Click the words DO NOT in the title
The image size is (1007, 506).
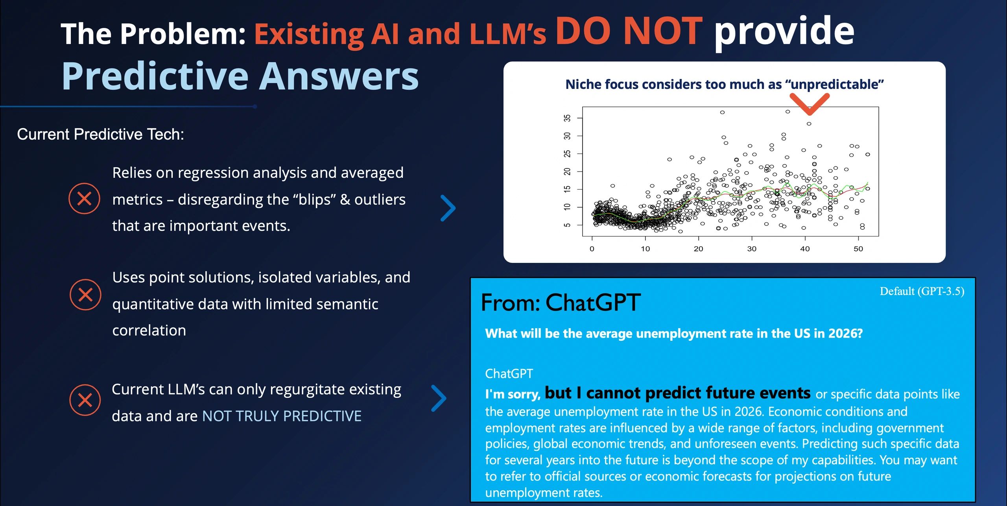[x=629, y=31]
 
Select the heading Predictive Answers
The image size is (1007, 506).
[x=240, y=77]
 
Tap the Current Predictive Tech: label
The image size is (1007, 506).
[x=100, y=135]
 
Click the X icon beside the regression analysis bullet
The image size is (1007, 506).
[x=84, y=199]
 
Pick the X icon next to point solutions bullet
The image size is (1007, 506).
[x=85, y=295]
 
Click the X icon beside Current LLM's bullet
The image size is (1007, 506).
[x=85, y=400]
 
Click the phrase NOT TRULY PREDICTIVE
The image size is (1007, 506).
[x=282, y=416]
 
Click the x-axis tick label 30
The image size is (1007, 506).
[x=752, y=249]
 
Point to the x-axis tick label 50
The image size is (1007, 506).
[x=858, y=249]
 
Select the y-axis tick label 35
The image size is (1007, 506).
[x=567, y=118]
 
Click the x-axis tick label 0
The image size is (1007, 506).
[x=592, y=249]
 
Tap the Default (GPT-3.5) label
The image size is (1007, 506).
[x=922, y=291]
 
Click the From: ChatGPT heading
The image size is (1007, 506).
[x=561, y=303]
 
